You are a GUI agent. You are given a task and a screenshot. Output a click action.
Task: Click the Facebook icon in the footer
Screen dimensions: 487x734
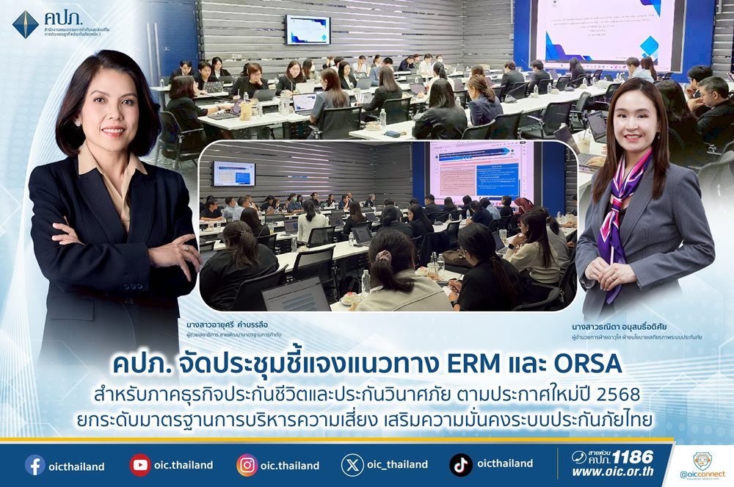pyautogui.click(x=34, y=465)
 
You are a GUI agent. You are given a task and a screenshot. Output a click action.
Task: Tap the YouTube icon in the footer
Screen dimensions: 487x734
pyautogui.click(x=140, y=465)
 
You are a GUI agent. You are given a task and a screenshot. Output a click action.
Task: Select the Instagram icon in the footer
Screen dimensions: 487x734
pyautogui.click(x=247, y=465)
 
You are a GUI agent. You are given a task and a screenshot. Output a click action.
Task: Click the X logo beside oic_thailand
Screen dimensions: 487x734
pyautogui.click(x=352, y=465)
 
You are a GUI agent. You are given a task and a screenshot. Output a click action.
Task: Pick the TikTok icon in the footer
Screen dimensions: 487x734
pyautogui.click(x=460, y=465)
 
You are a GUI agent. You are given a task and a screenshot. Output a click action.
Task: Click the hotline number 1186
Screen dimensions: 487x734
pyautogui.click(x=632, y=457)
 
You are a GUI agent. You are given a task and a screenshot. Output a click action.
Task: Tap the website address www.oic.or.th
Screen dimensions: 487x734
pyautogui.click(x=612, y=472)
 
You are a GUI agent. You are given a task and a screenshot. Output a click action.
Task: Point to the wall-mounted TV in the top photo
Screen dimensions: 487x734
pyautogui.click(x=308, y=29)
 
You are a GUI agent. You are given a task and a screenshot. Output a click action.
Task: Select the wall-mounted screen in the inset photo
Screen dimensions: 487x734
pyautogui.click(x=233, y=174)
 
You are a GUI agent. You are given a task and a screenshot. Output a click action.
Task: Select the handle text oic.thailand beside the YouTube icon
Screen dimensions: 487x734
pyautogui.click(x=183, y=465)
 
